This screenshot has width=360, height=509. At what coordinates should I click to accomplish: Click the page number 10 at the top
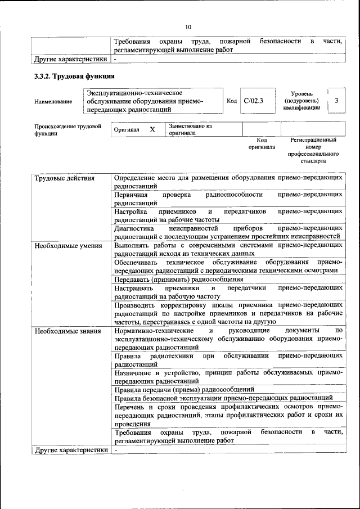pos(188,26)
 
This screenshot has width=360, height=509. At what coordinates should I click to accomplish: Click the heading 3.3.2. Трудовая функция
pos(75,76)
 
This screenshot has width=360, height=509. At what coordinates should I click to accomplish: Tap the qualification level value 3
pos(336,101)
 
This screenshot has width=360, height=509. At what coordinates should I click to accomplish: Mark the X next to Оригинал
pos(152,129)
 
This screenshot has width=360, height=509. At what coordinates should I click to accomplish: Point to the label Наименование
pos(53,101)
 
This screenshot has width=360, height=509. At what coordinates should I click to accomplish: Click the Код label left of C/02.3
pos(232,101)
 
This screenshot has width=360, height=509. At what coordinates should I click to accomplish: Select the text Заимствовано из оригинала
pos(190,130)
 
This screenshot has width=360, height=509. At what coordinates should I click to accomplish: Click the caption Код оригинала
pos(262,143)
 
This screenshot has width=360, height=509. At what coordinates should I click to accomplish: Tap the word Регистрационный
pos(313,139)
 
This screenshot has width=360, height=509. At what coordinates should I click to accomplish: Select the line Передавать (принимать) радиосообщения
pos(178,279)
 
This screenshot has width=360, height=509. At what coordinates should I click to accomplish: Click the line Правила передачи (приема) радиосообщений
pos(184,389)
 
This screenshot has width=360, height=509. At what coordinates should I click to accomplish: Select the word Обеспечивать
pos(137,262)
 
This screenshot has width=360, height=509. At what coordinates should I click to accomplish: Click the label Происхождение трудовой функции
pos(67,130)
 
